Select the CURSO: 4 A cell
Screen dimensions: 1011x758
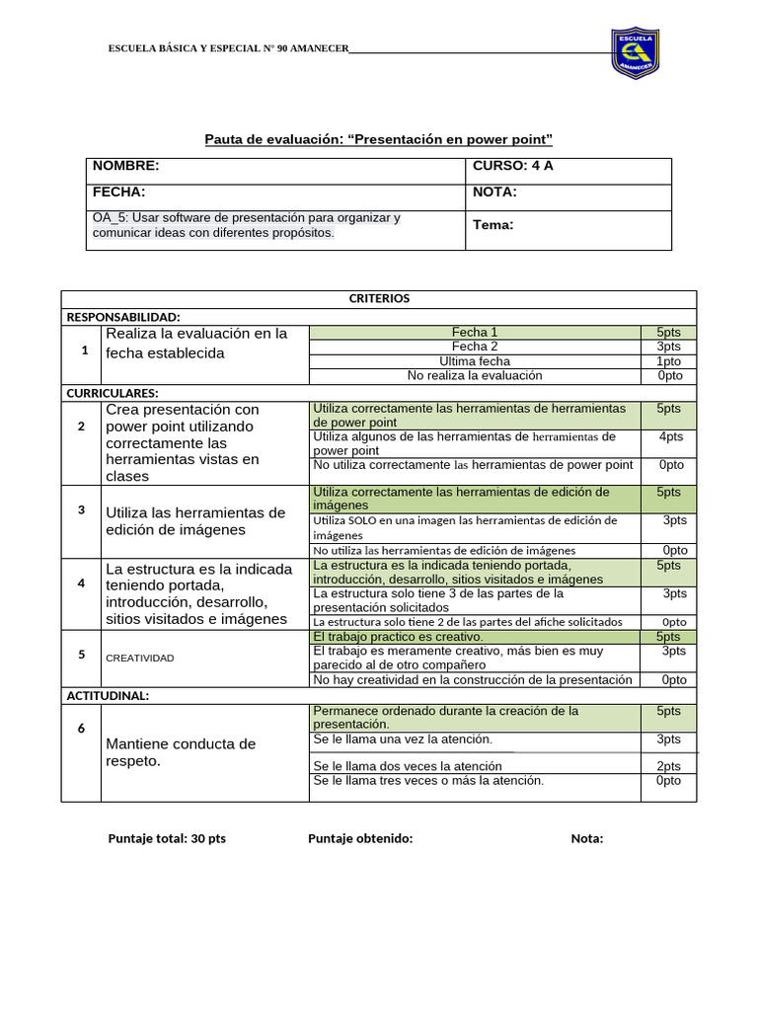tap(513, 166)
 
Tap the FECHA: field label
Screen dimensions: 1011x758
tap(119, 193)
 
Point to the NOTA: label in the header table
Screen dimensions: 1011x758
tap(494, 193)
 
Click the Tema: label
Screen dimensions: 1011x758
tap(493, 225)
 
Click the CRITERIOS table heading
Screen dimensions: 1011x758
tap(379, 298)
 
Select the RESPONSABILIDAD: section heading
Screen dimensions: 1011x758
tap(123, 317)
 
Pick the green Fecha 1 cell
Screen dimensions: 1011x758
tap(475, 333)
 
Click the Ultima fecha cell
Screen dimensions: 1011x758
tap(475, 361)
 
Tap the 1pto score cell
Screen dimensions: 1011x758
tap(668, 361)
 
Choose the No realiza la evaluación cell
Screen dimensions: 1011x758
tap(475, 375)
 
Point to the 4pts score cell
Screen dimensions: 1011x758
tap(671, 436)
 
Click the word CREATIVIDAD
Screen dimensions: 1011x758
tap(140, 658)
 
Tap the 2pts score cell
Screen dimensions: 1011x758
tap(668, 766)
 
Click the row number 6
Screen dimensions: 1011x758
tap(83, 728)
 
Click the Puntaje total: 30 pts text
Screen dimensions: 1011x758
tap(167, 839)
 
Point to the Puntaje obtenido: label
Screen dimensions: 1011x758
tap(360, 839)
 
